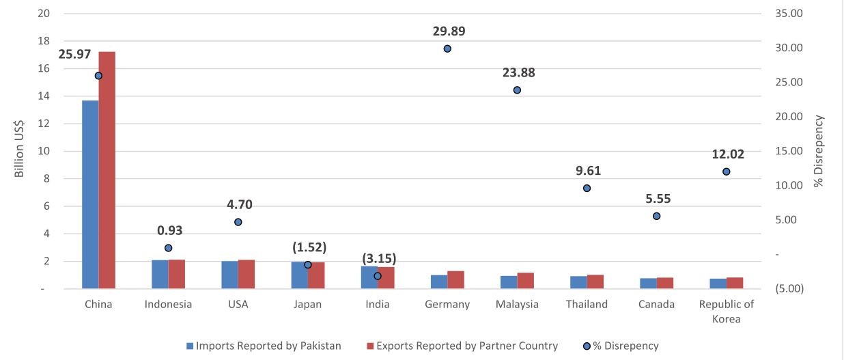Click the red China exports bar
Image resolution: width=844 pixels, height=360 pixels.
(x=107, y=170)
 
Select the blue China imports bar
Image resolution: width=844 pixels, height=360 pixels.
(x=90, y=195)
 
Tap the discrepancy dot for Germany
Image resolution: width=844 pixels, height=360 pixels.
(x=447, y=49)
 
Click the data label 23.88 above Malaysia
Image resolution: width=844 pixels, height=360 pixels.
(x=517, y=72)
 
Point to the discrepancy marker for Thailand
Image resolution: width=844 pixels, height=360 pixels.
(x=587, y=188)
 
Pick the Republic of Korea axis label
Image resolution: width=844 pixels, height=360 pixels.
(x=726, y=311)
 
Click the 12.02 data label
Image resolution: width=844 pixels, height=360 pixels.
(x=727, y=154)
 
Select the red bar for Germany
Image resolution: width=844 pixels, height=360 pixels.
(x=455, y=280)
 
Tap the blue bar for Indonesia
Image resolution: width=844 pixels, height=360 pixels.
(x=160, y=275)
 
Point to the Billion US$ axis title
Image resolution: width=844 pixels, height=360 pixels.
(x=20, y=151)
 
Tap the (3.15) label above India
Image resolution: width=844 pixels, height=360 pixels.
(x=378, y=259)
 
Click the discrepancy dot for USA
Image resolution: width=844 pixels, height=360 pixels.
(x=238, y=222)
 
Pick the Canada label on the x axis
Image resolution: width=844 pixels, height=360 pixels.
(x=656, y=305)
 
